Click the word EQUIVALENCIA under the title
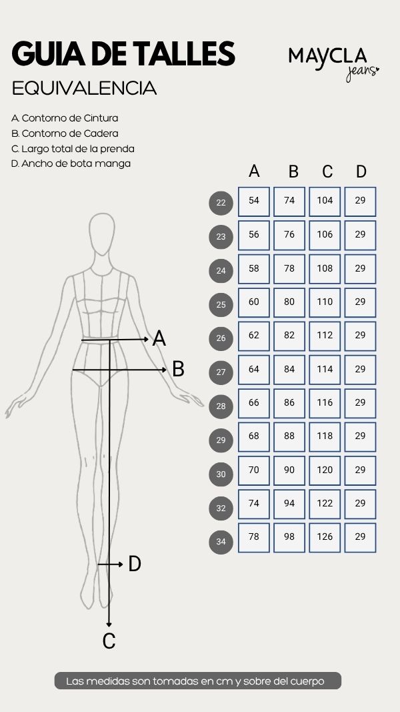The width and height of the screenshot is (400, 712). (85, 89)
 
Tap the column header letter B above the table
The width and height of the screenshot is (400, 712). (293, 171)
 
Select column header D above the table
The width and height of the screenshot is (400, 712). (361, 171)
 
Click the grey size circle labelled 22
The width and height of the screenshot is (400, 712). (221, 203)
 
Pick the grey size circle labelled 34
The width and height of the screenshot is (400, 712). (221, 542)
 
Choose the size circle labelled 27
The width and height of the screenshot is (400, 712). (221, 372)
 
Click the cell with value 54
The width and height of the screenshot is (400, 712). (254, 202)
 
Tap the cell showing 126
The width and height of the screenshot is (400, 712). (325, 538)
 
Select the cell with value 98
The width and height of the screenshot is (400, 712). (289, 538)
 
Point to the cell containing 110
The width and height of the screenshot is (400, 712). (325, 302)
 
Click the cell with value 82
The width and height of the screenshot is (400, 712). (289, 336)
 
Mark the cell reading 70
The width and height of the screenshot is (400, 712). (254, 470)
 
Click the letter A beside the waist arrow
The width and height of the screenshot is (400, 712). (159, 339)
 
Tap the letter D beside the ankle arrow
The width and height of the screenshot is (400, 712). (135, 564)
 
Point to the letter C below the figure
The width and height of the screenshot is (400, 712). (109, 641)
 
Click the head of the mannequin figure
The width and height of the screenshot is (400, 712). (101, 234)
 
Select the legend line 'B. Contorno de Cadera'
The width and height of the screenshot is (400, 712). (65, 133)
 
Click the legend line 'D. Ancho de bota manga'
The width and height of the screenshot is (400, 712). (71, 163)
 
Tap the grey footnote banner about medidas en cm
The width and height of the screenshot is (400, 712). (198, 681)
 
